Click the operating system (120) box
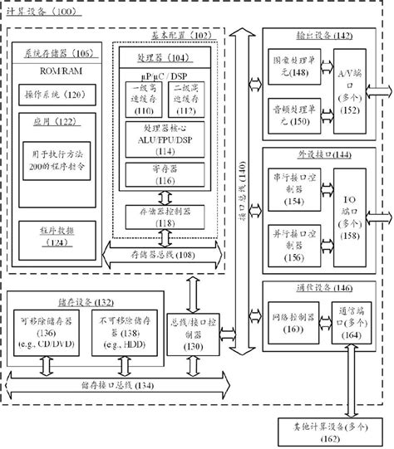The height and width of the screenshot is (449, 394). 57,95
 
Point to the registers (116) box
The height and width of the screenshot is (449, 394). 165,175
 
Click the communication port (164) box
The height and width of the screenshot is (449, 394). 351,323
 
